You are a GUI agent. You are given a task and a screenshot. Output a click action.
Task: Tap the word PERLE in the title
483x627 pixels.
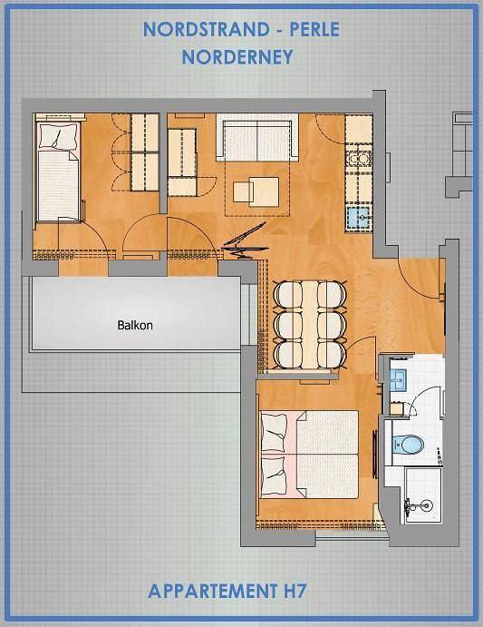(x=314, y=29)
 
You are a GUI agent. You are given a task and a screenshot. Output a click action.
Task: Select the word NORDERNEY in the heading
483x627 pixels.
(x=237, y=57)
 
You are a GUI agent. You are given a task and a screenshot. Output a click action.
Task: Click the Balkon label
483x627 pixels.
(x=135, y=325)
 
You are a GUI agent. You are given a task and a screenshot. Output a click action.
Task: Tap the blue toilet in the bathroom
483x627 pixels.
(x=407, y=444)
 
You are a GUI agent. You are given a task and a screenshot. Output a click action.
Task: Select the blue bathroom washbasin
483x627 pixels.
(x=399, y=378)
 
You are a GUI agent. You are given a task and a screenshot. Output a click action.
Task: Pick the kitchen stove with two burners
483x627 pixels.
(x=358, y=159)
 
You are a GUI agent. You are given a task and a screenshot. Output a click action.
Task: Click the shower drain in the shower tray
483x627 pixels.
(x=426, y=505)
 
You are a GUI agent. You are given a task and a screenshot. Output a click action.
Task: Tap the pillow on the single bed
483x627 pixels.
(x=58, y=136)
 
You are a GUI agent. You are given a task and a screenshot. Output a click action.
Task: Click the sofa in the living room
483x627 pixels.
(x=256, y=137)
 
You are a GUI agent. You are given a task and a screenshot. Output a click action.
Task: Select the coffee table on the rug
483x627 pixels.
(x=256, y=192)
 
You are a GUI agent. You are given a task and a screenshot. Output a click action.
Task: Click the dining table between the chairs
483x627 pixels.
(x=310, y=325)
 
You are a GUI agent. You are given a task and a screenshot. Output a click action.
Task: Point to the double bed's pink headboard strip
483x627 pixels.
(x=294, y=456)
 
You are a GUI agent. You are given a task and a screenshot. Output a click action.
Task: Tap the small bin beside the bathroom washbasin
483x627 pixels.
(x=396, y=408)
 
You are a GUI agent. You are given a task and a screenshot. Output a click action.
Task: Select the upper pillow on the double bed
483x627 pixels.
(x=274, y=434)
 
